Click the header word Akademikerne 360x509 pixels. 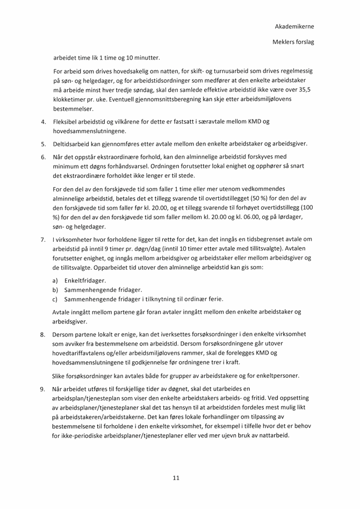click(294, 26)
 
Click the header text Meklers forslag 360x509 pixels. click(294, 42)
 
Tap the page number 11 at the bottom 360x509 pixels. click(176, 477)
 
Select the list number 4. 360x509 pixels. click(42, 122)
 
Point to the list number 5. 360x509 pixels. click(42, 145)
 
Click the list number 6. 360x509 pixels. click(42, 156)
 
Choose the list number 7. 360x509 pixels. click(42, 239)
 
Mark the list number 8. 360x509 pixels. click(42, 334)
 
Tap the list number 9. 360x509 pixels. click(42, 388)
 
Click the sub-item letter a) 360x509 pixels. click(55, 281)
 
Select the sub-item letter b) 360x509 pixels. click(55, 290)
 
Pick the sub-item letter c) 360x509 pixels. click(55, 299)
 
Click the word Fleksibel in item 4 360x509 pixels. click(65, 122)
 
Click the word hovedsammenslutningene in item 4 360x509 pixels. click(89, 131)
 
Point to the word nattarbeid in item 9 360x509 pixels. click(273, 435)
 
